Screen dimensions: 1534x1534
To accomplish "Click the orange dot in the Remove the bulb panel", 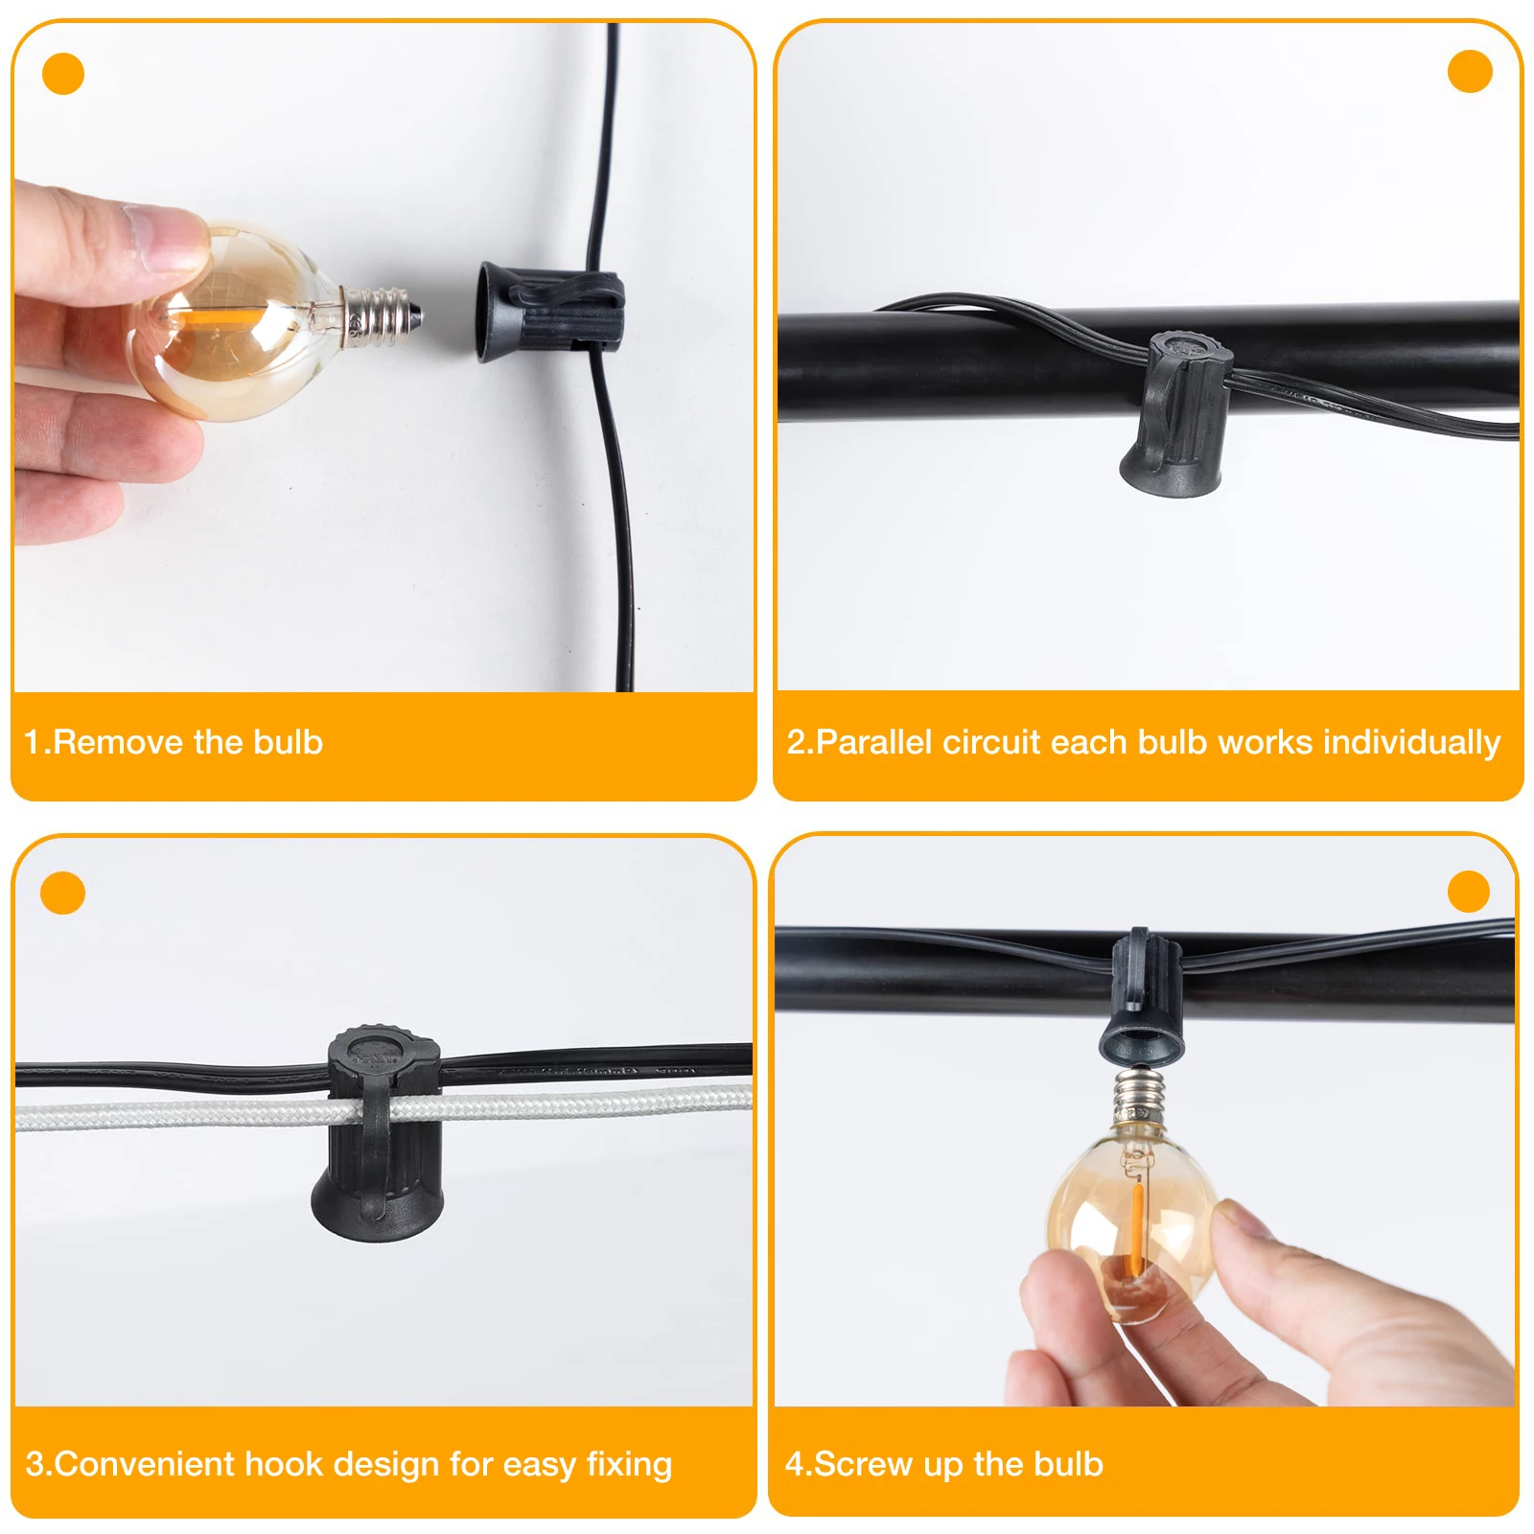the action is (x=63, y=74).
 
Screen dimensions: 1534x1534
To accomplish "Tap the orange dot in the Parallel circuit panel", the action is (x=1470, y=71).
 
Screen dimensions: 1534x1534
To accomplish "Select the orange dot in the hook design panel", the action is (x=63, y=893).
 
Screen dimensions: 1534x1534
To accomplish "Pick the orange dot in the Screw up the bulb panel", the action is (x=1468, y=892).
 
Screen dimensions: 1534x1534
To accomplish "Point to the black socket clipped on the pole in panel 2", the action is (x=1176, y=413).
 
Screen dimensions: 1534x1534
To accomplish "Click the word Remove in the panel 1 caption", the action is (x=118, y=742).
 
